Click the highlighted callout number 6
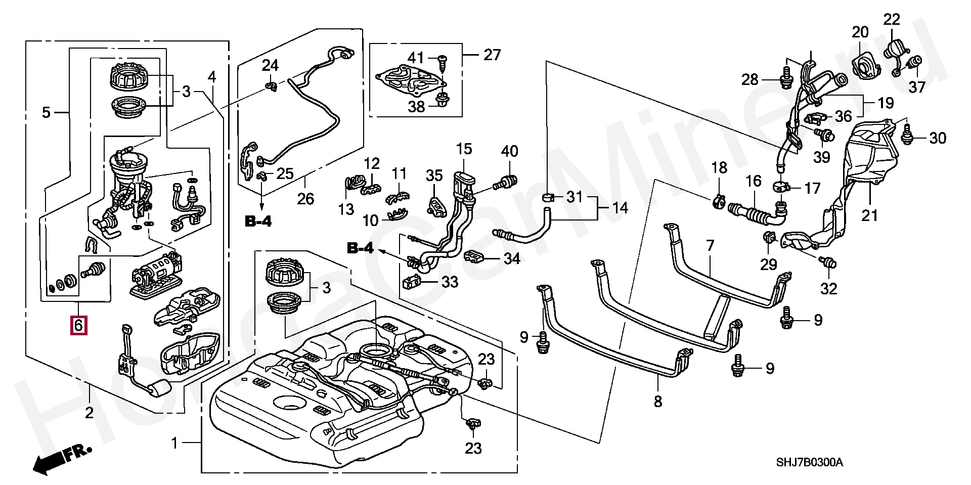(x=78, y=325)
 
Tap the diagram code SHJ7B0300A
(x=810, y=462)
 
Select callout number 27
(x=492, y=55)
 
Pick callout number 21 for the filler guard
(x=869, y=215)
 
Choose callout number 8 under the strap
(x=657, y=402)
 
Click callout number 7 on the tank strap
(x=710, y=246)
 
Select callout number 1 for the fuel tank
(x=174, y=444)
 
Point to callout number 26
(x=305, y=199)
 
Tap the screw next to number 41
(x=442, y=60)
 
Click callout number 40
(x=509, y=151)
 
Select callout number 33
(x=450, y=282)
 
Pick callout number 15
(x=464, y=149)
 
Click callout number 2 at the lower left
(x=89, y=413)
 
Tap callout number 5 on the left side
(x=46, y=112)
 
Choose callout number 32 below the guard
(x=828, y=288)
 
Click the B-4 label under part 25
(x=258, y=221)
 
